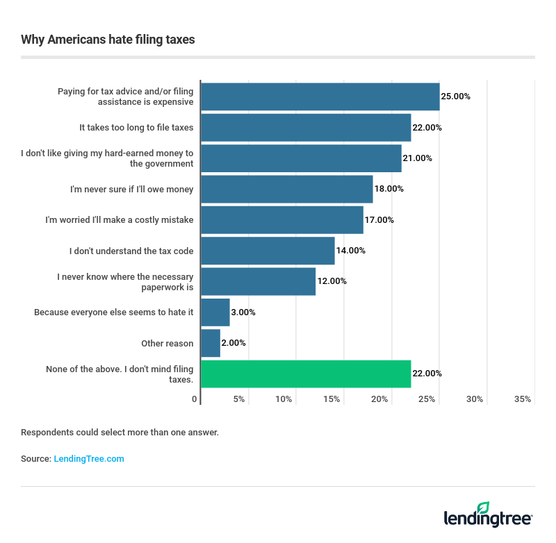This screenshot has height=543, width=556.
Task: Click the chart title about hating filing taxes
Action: (108, 40)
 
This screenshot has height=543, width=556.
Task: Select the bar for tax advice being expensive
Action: (320, 97)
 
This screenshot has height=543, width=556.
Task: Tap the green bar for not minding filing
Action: (305, 374)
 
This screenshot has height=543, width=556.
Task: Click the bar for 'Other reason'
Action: (210, 343)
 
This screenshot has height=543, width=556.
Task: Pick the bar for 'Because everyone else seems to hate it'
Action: (215, 312)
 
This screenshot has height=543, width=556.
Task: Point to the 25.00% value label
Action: (456, 97)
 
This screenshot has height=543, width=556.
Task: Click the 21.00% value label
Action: (417, 158)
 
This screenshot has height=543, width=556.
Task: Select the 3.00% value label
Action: (243, 312)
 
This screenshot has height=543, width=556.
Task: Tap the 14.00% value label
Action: (350, 251)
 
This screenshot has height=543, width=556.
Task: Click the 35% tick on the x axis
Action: (523, 399)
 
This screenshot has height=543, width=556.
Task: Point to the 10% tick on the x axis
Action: (284, 399)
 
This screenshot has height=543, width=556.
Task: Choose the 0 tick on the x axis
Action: (195, 399)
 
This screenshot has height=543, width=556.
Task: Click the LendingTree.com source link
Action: (89, 459)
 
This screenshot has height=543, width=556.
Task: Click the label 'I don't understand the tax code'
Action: (131, 251)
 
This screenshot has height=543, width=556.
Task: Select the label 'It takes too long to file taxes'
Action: (136, 128)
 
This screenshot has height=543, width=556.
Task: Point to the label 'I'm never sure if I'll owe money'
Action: (132, 189)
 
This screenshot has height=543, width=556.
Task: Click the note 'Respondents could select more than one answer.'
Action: (120, 433)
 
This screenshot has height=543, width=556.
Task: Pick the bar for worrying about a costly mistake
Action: (281, 220)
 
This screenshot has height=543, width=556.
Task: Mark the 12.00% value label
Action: (332, 281)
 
